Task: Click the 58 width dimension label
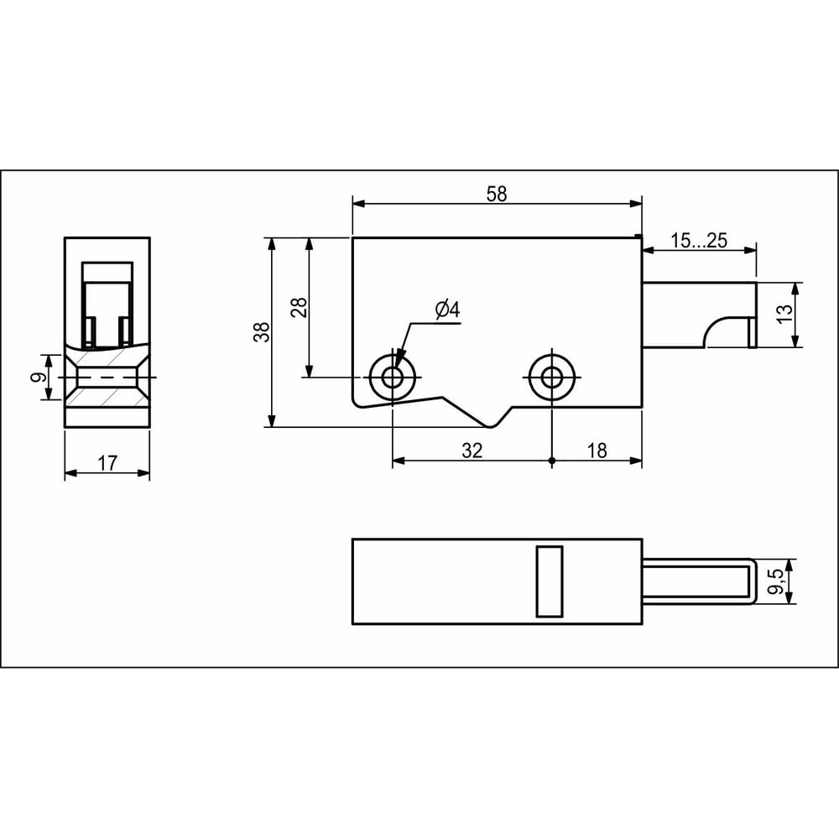coord(496,194)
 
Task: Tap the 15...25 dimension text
coord(699,241)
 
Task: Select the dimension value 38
coord(262,331)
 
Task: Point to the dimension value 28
coord(300,308)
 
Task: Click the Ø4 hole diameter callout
coord(448,310)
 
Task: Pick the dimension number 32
coord(472,451)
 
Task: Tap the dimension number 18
coord(597,451)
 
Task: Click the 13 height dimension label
coord(783,313)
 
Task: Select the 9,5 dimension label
coord(775,581)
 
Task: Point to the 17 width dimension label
coord(107,463)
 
